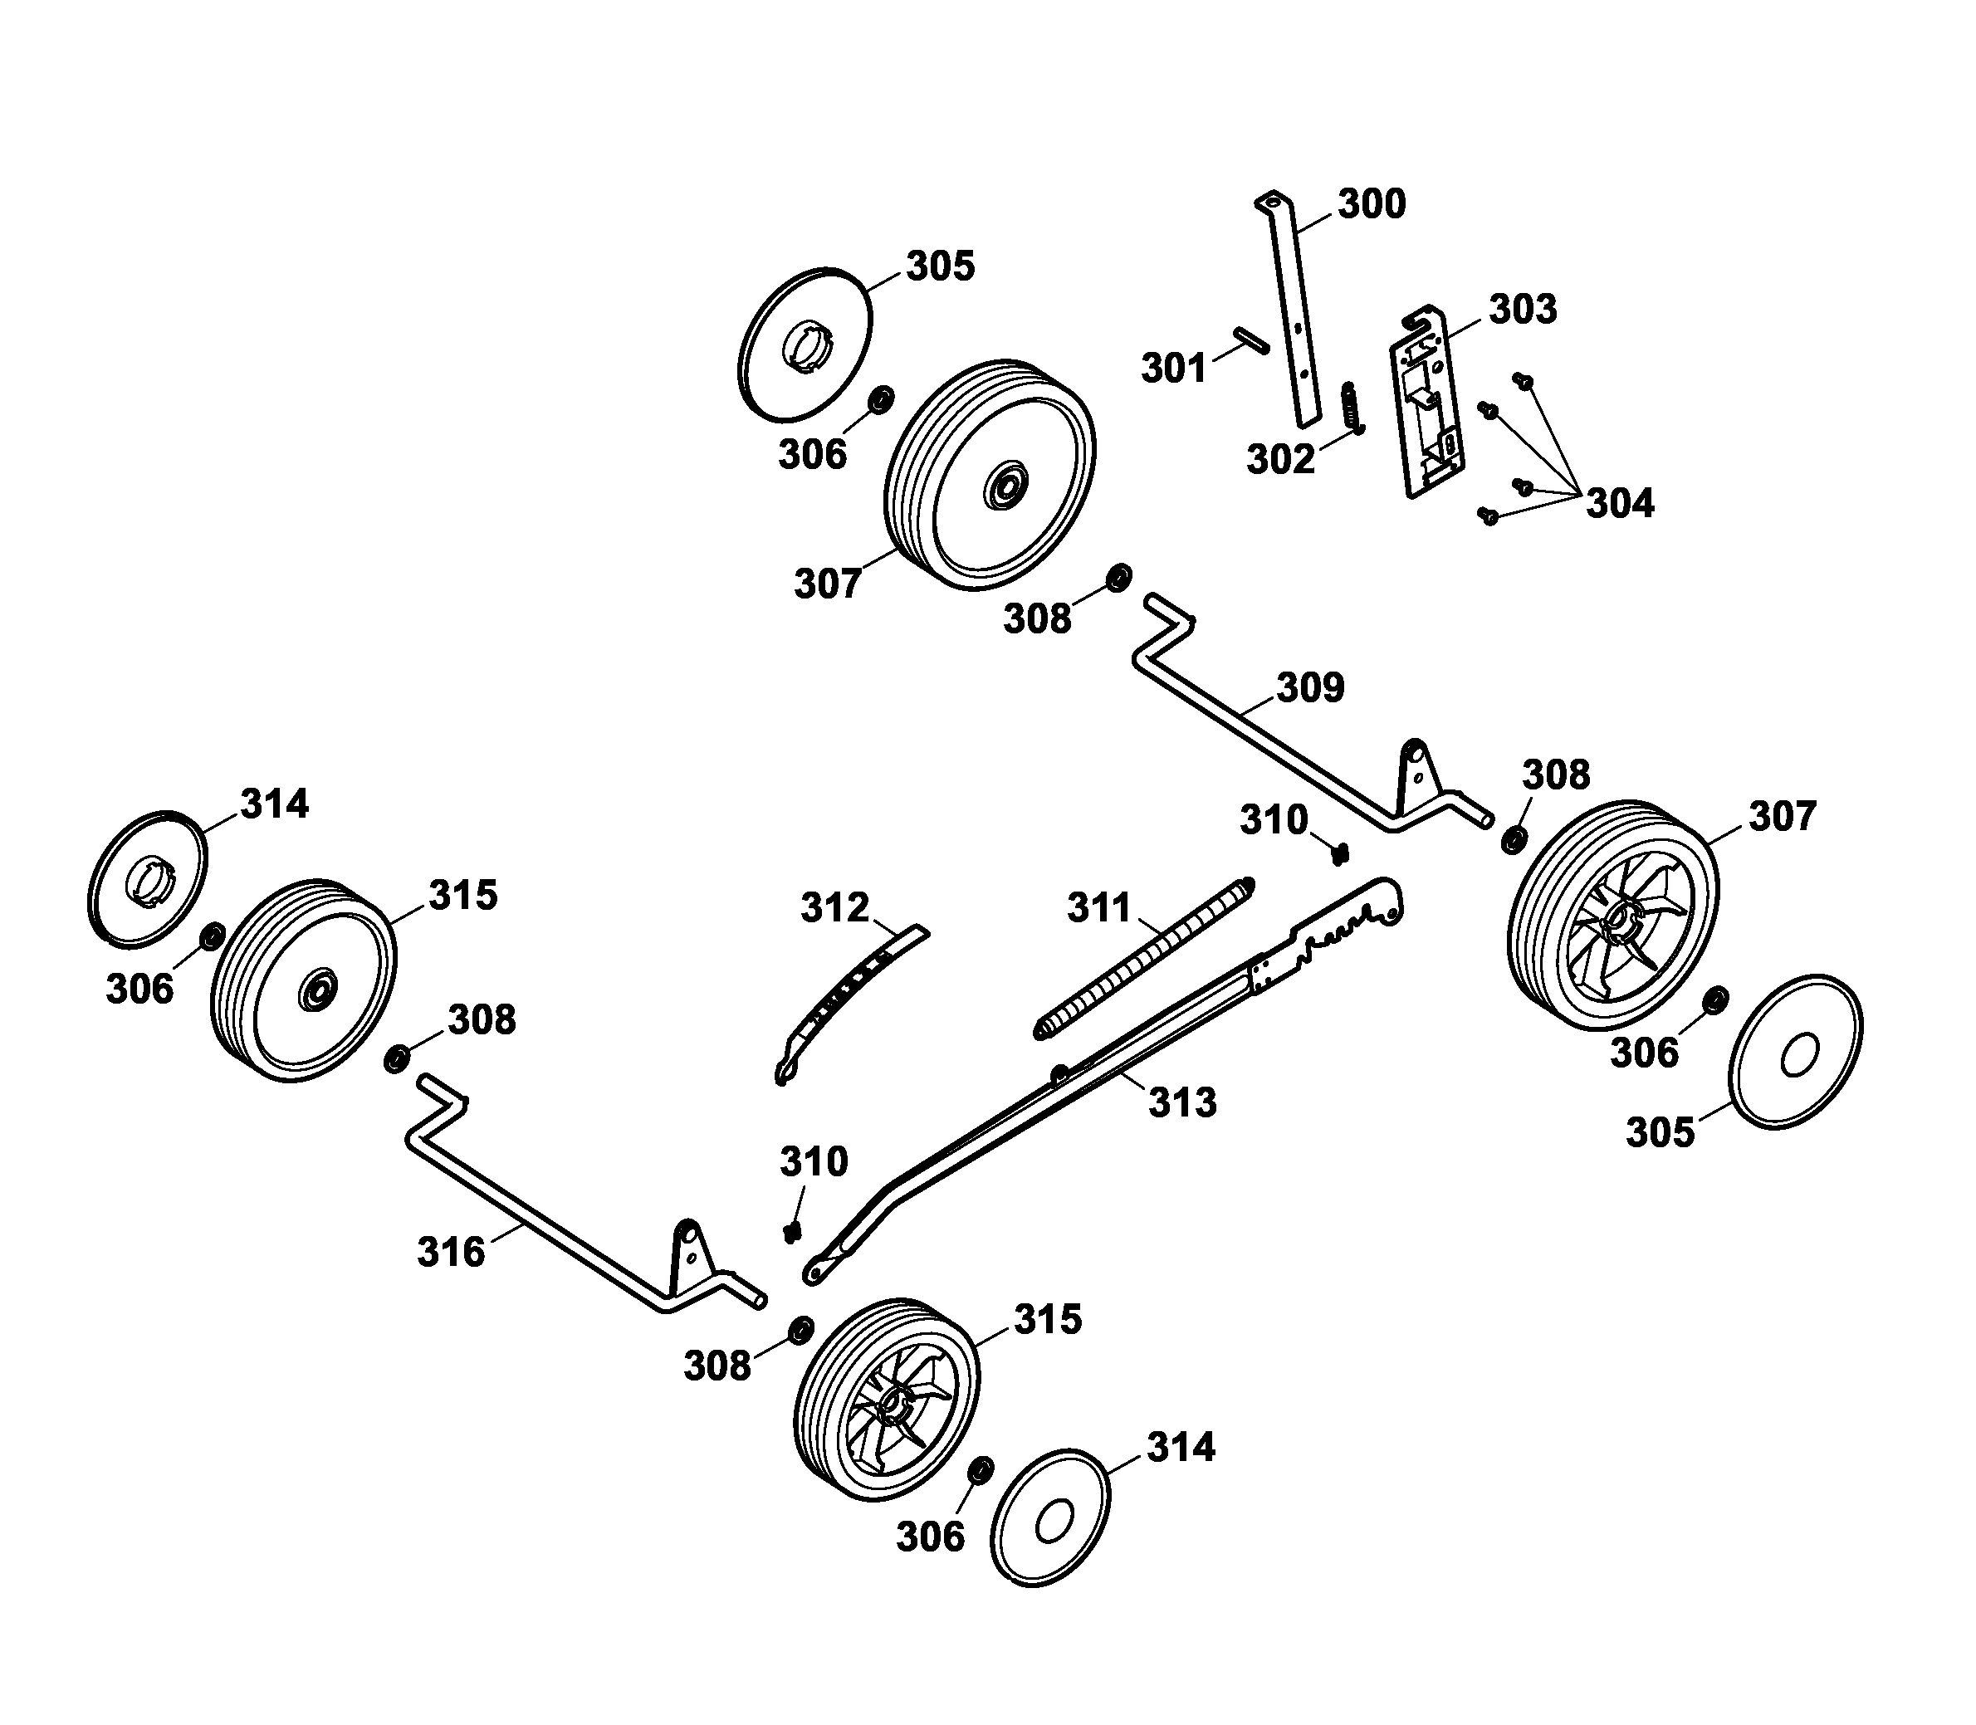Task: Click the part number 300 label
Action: point(1372,204)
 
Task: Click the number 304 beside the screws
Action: point(1620,503)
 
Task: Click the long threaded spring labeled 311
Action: point(1144,958)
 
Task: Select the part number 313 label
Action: point(1183,1103)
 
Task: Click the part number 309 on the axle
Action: point(1310,688)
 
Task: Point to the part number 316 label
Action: point(451,1253)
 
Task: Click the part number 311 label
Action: point(1098,908)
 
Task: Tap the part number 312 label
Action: point(834,908)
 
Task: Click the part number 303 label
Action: point(1523,310)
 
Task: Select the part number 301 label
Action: point(1173,369)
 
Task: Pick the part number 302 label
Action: point(1280,460)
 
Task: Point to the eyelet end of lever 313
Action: point(816,1273)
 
